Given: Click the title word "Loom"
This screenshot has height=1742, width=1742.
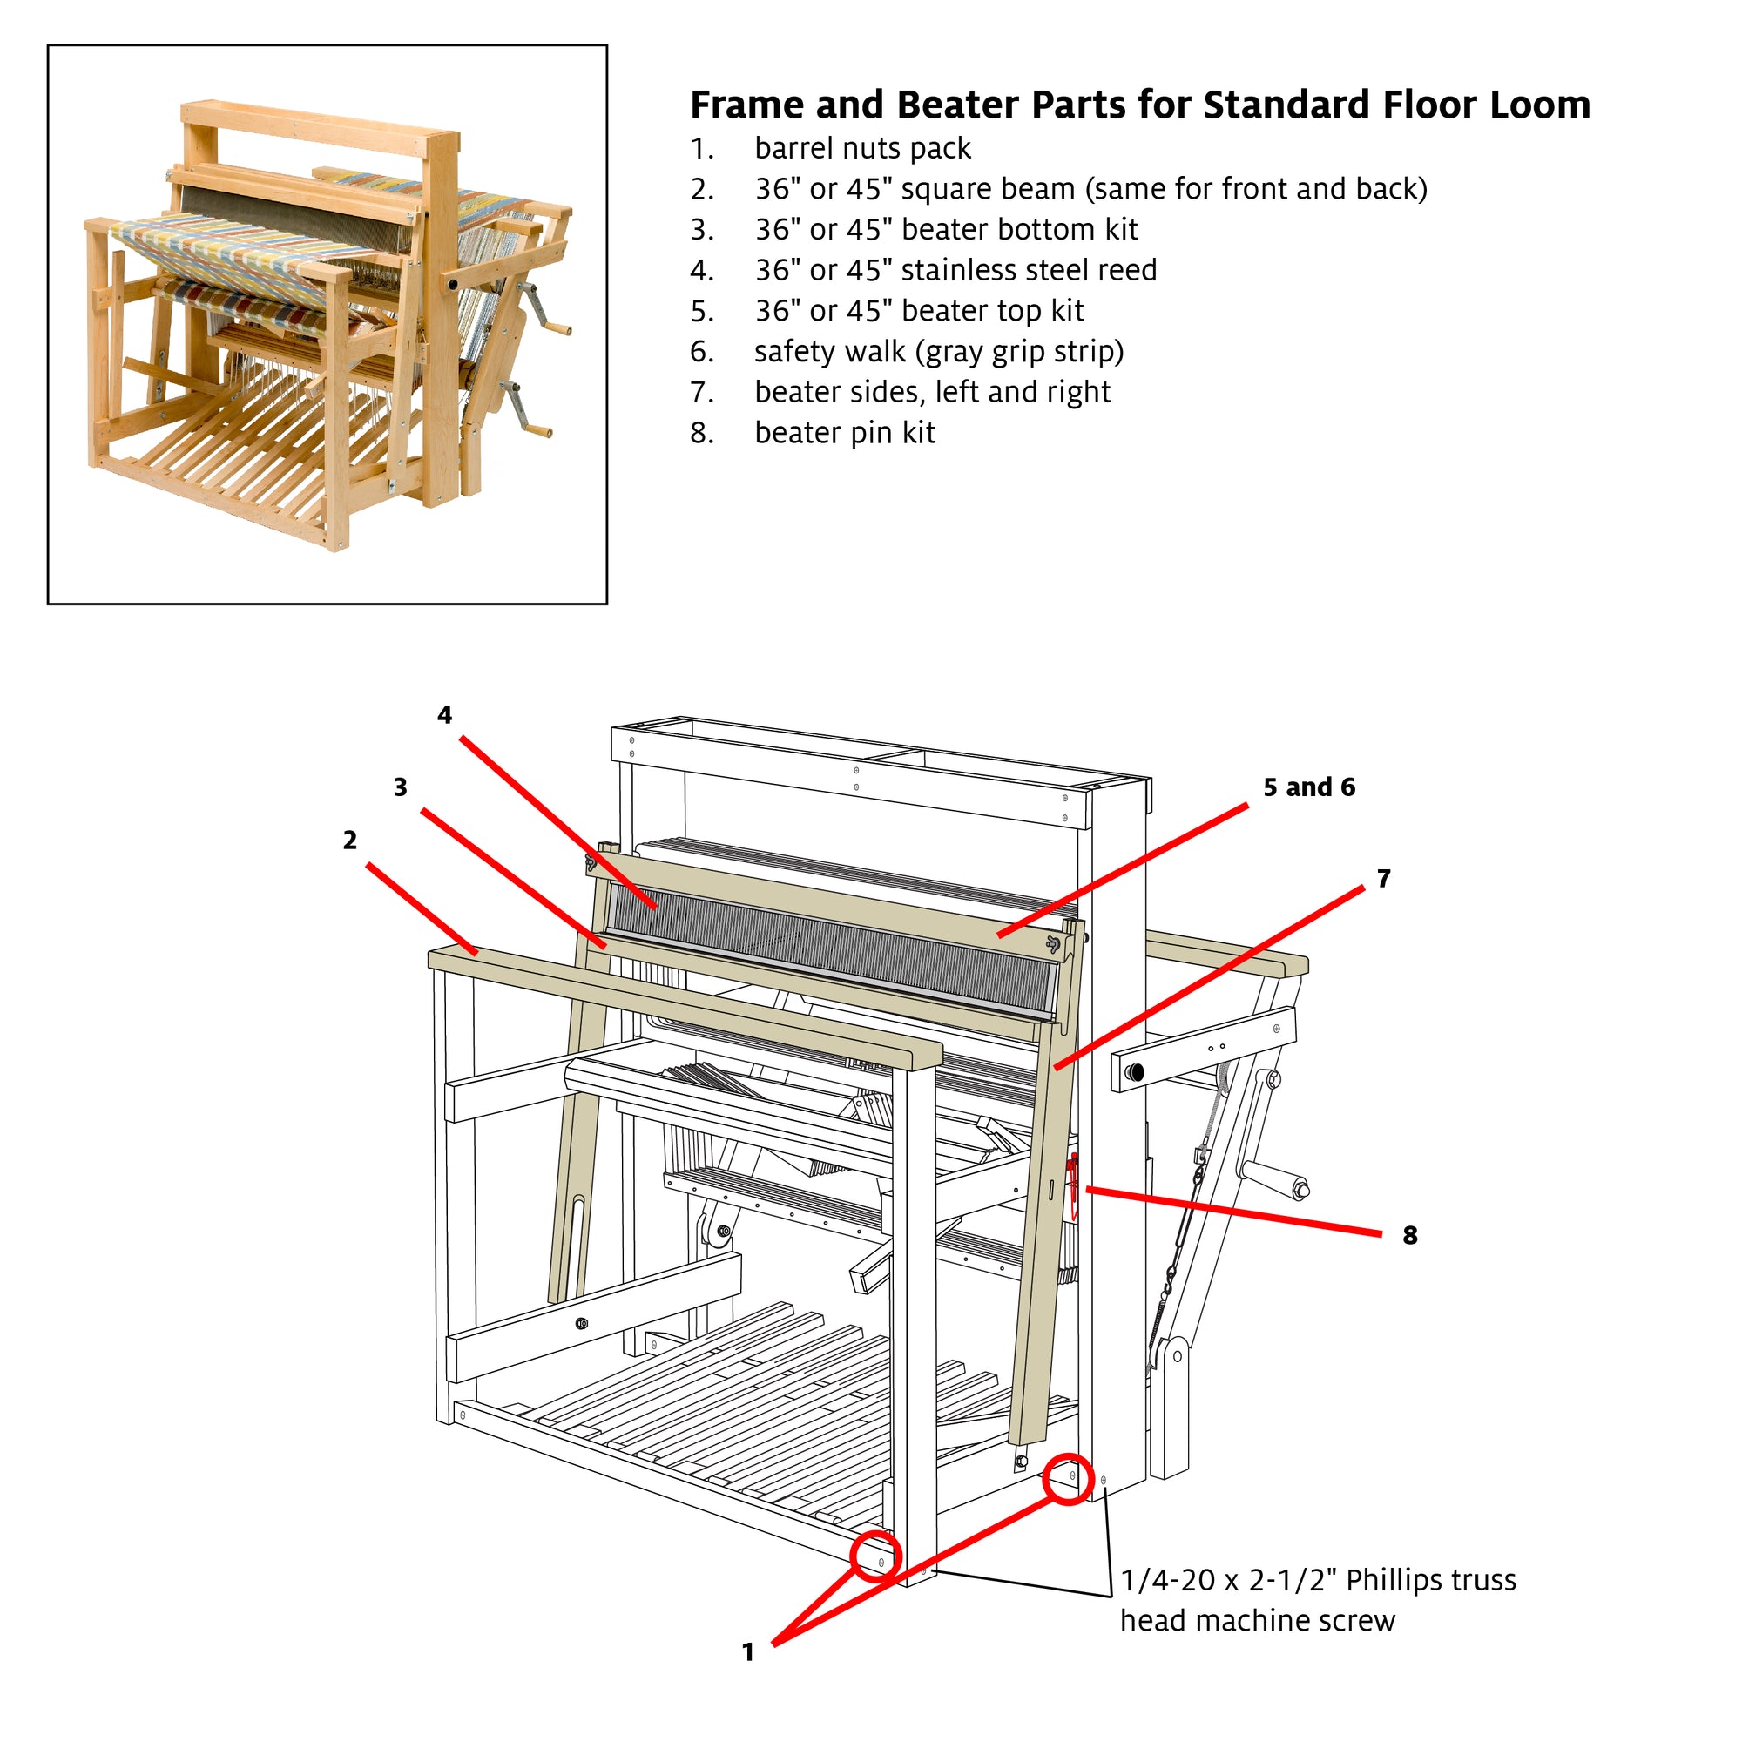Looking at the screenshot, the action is pyautogui.click(x=1539, y=105).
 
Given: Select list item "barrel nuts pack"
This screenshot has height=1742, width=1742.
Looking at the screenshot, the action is pyautogui.click(x=863, y=148).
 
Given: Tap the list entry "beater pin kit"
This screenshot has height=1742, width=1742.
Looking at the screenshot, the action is pyautogui.click(x=845, y=433).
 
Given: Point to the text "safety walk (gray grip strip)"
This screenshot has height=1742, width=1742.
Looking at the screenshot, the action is pyautogui.click(x=940, y=352).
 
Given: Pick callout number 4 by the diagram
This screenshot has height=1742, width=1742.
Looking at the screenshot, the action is pyautogui.click(x=444, y=715).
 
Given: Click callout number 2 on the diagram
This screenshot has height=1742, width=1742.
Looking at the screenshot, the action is pyautogui.click(x=350, y=841).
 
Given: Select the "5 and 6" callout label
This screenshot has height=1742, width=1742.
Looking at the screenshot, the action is pyautogui.click(x=1309, y=787).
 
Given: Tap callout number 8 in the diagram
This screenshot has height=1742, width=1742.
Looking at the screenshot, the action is pyautogui.click(x=1410, y=1235).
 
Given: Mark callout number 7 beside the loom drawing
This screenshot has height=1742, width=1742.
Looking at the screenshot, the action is pyautogui.click(x=1383, y=878).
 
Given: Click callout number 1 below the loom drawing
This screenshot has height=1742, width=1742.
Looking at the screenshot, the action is pyautogui.click(x=747, y=1651).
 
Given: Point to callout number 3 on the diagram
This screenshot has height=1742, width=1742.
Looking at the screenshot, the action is pyautogui.click(x=401, y=787).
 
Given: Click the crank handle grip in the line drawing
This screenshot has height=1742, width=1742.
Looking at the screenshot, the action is pyautogui.click(x=1275, y=1178).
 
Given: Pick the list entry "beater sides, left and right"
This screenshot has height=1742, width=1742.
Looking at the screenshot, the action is pyautogui.click(x=932, y=392).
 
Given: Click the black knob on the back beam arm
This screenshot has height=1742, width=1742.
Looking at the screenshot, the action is pyautogui.click(x=1134, y=1073).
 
